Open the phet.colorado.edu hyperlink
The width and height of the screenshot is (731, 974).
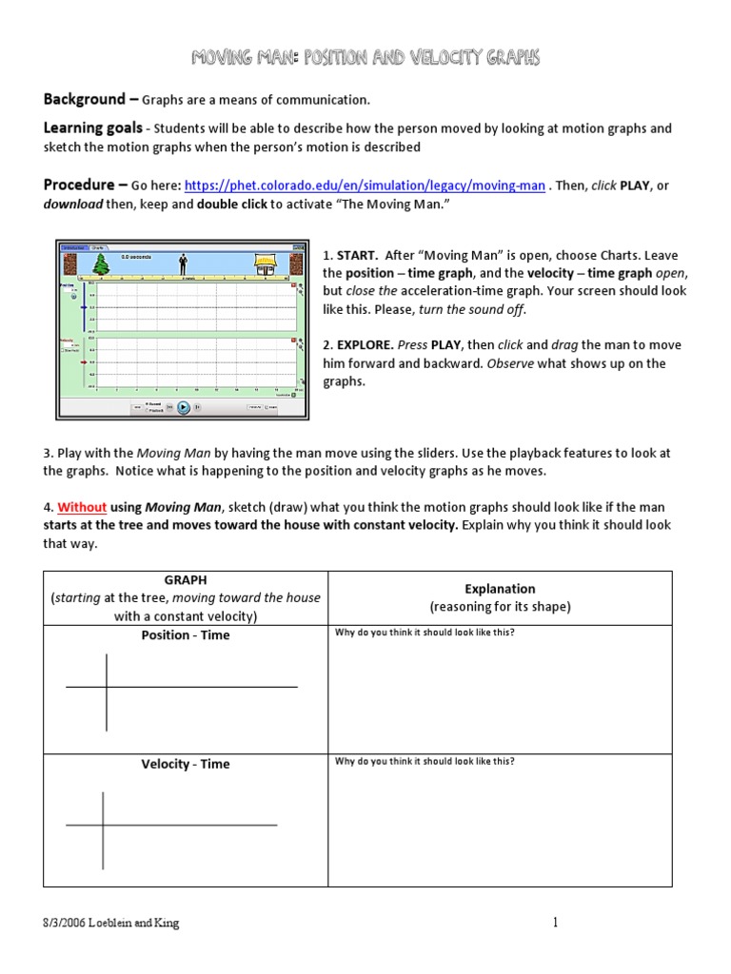(x=365, y=186)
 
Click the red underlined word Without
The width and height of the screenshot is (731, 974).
(x=82, y=507)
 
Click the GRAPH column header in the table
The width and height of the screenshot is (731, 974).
(x=186, y=579)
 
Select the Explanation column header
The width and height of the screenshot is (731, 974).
(x=500, y=589)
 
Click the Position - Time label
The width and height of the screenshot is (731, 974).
(x=186, y=635)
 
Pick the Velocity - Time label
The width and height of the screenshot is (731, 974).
(x=186, y=764)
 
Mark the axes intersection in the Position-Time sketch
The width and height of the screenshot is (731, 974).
(x=107, y=687)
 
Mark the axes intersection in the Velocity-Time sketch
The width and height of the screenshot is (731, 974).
(x=103, y=826)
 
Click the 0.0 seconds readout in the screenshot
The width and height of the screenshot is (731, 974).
(x=138, y=257)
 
